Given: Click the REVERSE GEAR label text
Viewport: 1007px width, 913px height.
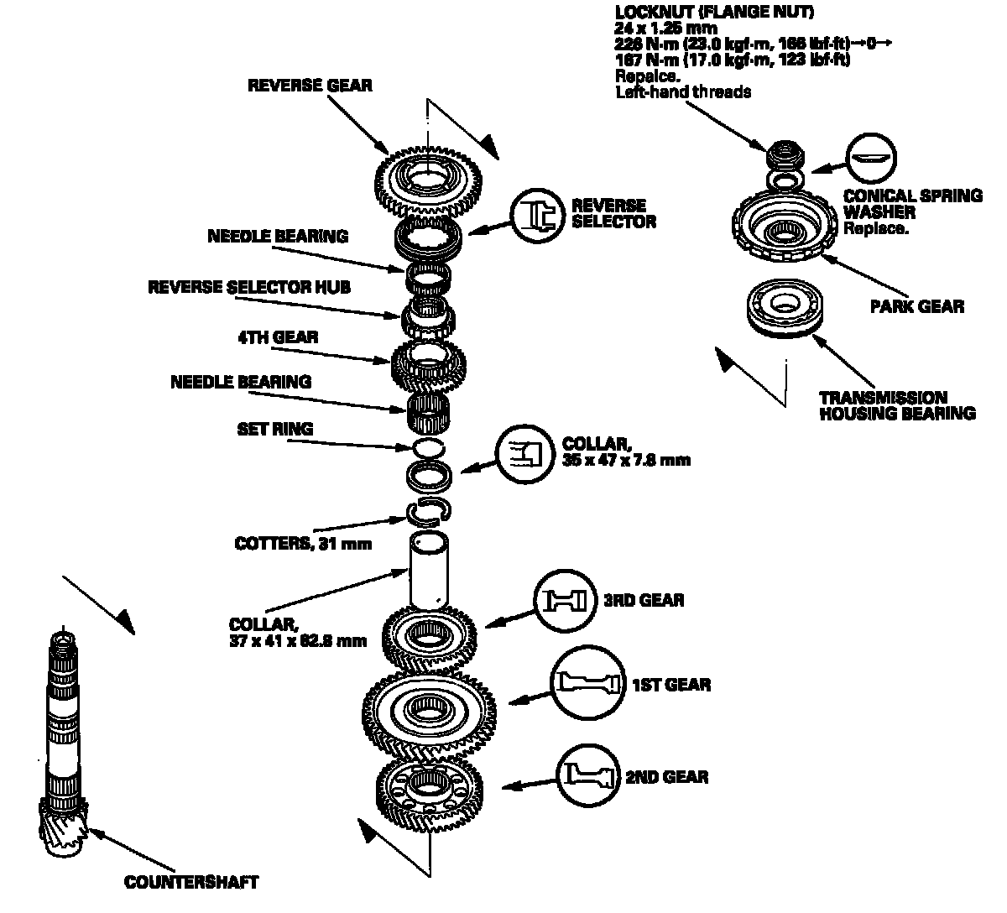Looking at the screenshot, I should pos(310,86).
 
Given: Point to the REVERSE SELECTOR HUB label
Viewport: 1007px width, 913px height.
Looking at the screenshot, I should pos(249,287).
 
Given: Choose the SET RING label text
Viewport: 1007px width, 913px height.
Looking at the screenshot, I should pos(274,429).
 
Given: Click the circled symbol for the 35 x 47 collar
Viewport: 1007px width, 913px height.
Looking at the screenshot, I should pos(524,453).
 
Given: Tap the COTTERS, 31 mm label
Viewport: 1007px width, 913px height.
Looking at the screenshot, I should pos(303,543).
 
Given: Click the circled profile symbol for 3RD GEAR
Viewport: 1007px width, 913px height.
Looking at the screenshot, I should pos(561,600).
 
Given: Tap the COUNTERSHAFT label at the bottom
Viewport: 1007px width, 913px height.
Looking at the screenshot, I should pos(191,882).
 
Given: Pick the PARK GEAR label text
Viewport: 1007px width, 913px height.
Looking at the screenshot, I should pos(916,306).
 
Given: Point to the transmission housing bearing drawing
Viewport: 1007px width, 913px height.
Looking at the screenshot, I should pos(786,308).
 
